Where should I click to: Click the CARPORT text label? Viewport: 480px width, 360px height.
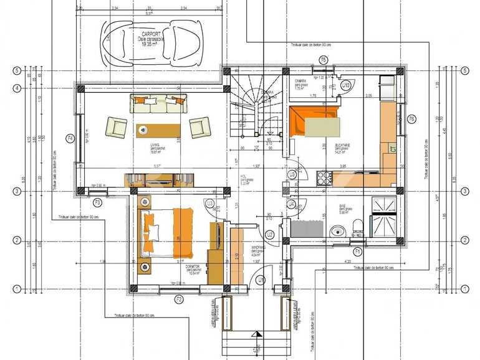click(x=152, y=34)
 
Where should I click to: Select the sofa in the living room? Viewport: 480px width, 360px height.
click(x=158, y=103)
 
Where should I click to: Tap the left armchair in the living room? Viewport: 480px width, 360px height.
click(x=116, y=127)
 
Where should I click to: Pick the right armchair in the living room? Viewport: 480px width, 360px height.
click(x=199, y=127)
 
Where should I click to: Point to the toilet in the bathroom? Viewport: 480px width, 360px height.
click(x=357, y=227)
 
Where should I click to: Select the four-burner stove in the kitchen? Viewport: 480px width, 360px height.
click(x=325, y=178)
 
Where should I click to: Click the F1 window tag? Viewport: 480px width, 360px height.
click(x=357, y=250)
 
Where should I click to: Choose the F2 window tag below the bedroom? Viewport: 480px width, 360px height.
click(x=178, y=300)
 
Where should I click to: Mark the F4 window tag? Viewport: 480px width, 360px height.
click(x=70, y=138)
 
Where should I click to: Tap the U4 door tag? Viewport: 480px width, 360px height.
click(x=291, y=204)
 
